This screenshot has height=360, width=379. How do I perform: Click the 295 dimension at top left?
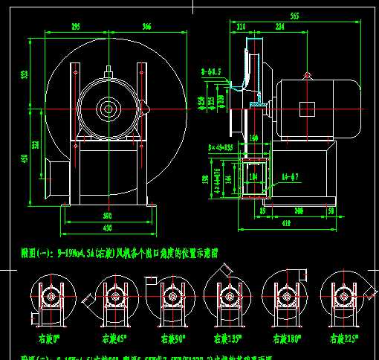pyautogui.click(x=76, y=27)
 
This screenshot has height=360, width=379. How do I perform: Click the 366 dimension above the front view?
pyautogui.click(x=146, y=27)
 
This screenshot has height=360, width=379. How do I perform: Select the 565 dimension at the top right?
pyautogui.click(x=294, y=15)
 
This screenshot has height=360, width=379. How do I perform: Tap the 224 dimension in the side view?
pyautogui.click(x=279, y=27)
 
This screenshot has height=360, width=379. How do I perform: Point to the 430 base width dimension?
pyautogui.click(x=108, y=227)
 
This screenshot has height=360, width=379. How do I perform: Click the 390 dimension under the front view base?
pyautogui.click(x=108, y=216)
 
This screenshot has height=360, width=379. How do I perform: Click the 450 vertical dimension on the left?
pyautogui.click(x=25, y=158)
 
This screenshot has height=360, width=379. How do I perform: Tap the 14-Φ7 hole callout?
pyautogui.click(x=291, y=176)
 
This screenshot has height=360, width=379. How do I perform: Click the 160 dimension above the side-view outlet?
pyautogui.click(x=253, y=138)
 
